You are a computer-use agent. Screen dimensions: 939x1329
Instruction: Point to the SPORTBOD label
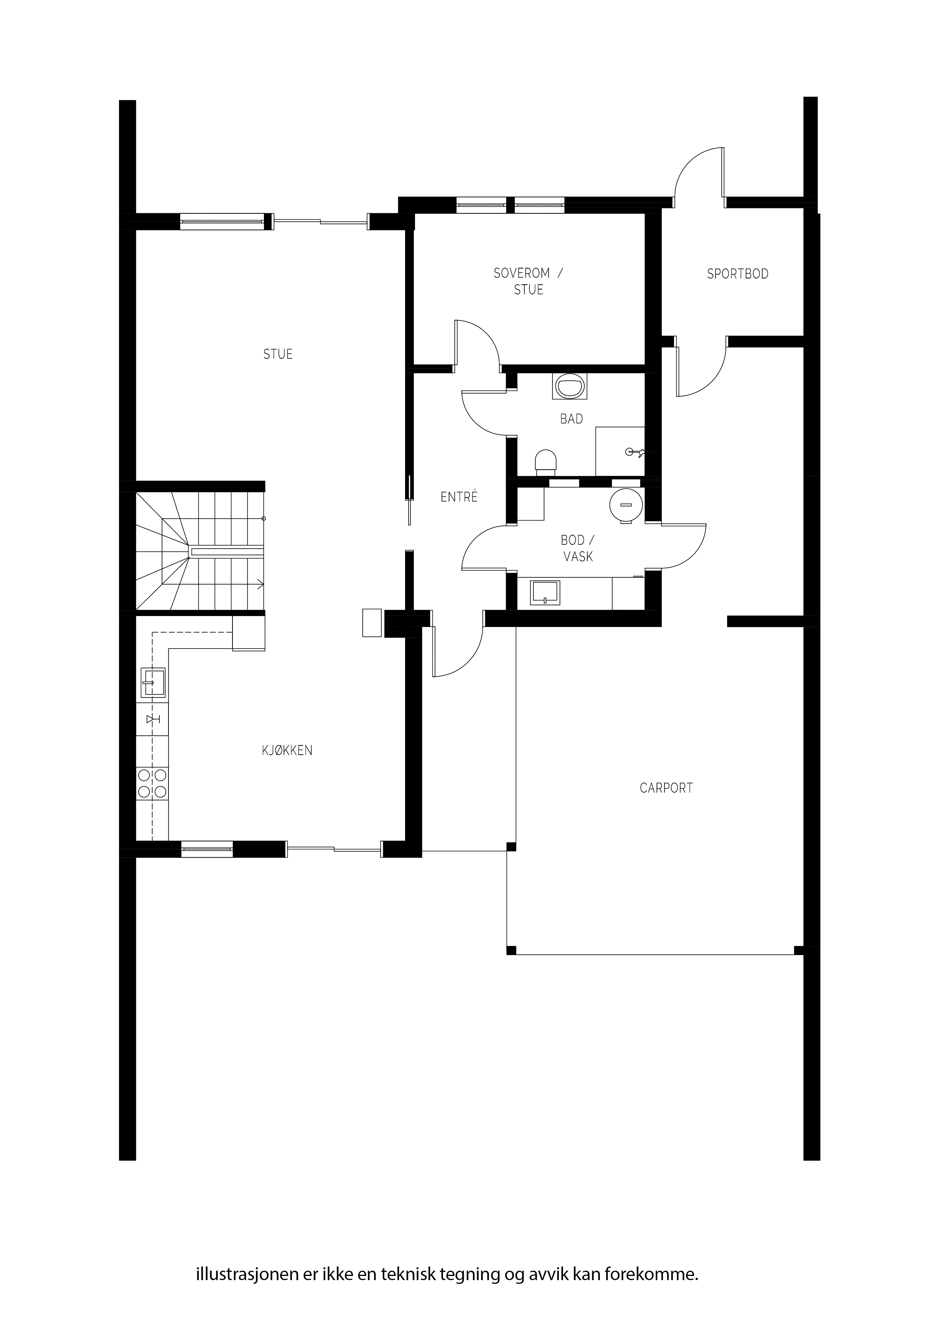pos(738,274)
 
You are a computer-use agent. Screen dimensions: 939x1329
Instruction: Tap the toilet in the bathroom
pos(546,463)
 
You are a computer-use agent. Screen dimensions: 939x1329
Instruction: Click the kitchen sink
pos(153,683)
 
